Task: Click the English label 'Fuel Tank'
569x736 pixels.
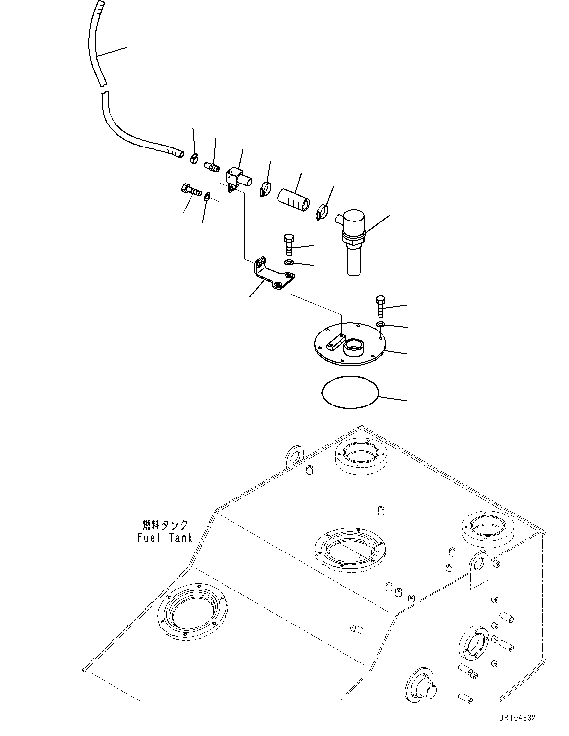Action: tap(164, 538)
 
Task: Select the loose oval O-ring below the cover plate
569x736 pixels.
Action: tap(350, 392)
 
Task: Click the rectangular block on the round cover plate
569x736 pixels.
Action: tap(337, 340)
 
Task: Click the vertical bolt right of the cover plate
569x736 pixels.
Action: tap(380, 305)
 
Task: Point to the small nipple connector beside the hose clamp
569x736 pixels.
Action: tap(212, 167)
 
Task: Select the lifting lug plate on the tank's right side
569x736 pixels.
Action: tap(478, 570)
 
